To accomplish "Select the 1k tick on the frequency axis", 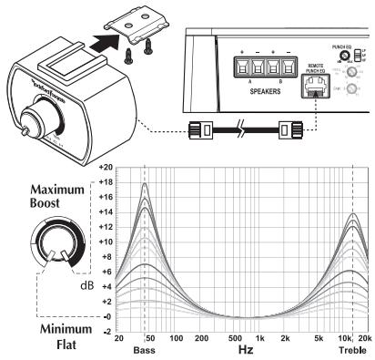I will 260,339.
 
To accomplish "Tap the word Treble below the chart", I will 354,349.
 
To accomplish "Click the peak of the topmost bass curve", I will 145,183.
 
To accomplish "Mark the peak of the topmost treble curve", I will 353,214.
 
